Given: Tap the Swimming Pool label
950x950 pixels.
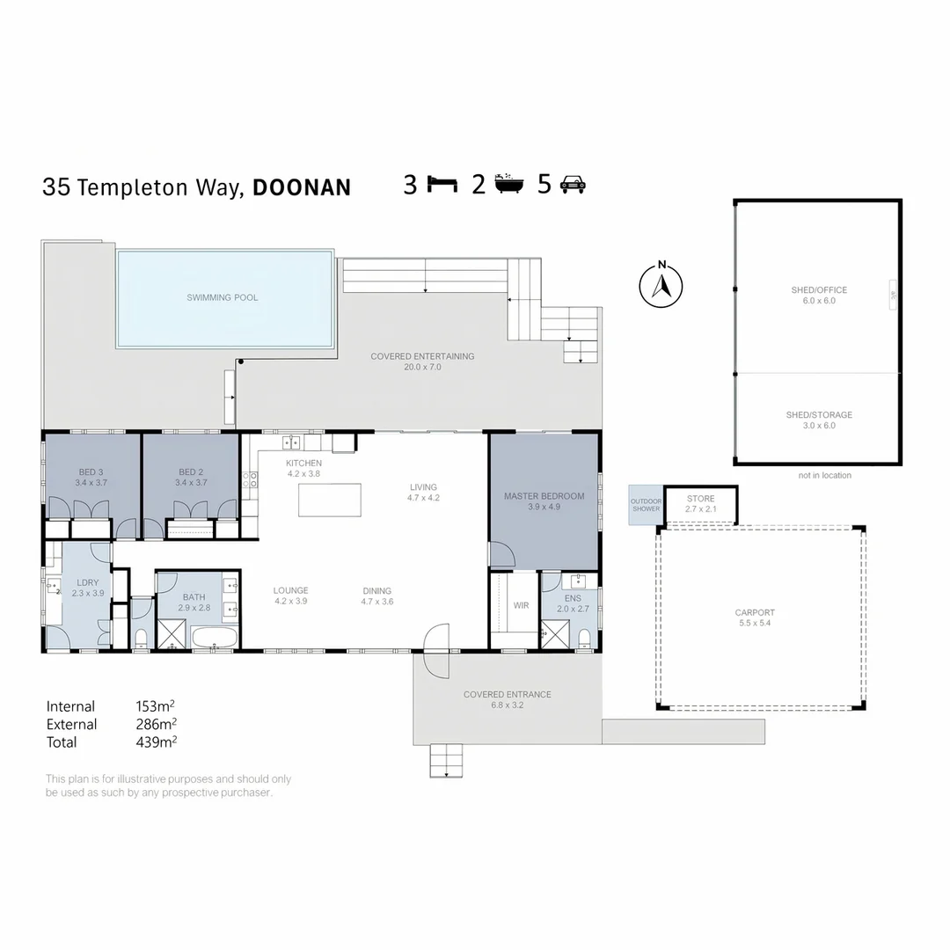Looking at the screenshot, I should click(x=223, y=297).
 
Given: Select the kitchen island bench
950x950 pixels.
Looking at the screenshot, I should click(x=330, y=501).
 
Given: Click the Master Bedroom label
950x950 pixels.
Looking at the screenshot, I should click(x=544, y=496).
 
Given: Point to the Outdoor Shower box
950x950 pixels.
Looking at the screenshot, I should click(x=645, y=505).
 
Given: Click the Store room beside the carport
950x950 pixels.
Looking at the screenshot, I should click(x=700, y=504).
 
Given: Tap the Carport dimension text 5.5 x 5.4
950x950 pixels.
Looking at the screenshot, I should click(x=755, y=623).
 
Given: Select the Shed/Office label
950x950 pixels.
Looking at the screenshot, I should click(x=818, y=289).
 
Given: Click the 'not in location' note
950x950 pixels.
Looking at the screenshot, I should click(x=824, y=476).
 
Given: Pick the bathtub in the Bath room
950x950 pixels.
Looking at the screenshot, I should click(x=214, y=638).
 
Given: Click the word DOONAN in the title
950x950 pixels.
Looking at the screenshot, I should click(x=302, y=187).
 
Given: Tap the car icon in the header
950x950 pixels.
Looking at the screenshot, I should click(x=573, y=184).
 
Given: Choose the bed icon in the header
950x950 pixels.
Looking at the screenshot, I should click(x=442, y=184).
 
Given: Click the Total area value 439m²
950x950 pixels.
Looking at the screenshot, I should click(x=157, y=742).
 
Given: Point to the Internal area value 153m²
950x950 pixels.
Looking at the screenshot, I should click(x=157, y=706).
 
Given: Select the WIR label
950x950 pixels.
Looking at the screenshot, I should click(x=521, y=605).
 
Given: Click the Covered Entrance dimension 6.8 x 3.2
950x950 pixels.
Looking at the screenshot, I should click(x=508, y=705).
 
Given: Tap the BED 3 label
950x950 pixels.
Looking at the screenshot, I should click(x=91, y=472).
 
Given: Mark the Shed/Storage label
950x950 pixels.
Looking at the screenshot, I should click(x=818, y=415).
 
